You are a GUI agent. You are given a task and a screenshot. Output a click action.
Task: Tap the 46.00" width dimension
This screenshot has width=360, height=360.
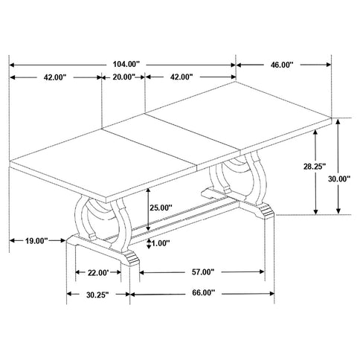282,65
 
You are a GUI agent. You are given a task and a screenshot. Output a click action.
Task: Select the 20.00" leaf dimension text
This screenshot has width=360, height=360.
123,77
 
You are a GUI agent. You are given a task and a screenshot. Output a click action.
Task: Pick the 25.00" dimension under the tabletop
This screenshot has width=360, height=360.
161,208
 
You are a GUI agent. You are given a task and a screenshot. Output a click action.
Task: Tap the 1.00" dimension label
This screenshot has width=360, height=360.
161,243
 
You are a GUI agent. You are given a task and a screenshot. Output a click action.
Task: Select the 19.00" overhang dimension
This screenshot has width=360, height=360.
35,240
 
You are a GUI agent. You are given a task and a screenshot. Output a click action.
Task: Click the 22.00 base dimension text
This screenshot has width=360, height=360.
99,271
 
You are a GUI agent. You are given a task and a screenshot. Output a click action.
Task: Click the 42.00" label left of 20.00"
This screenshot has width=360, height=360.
56,77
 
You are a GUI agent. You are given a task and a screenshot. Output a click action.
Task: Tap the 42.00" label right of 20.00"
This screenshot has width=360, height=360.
181,77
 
